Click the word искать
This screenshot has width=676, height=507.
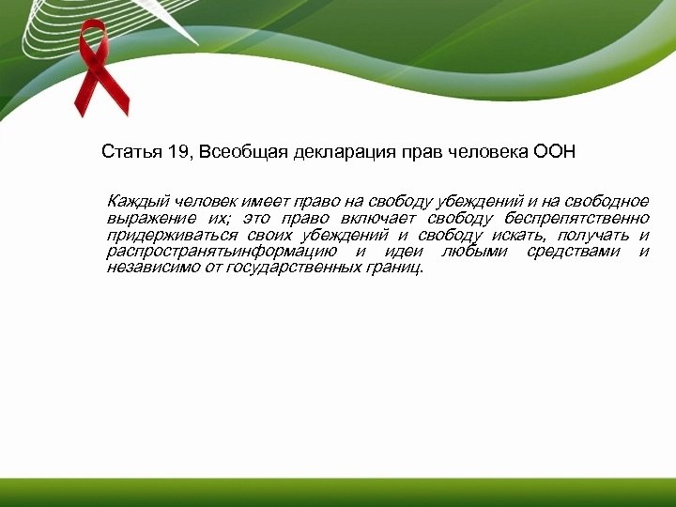(515, 235)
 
